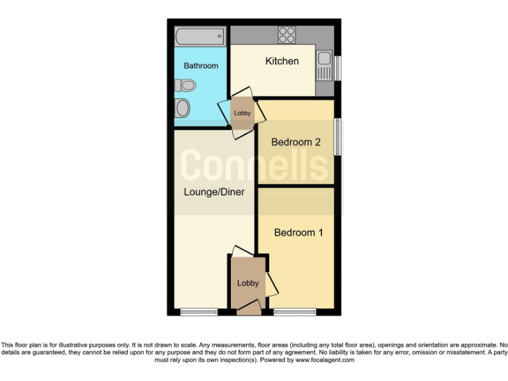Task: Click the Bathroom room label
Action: pyautogui.click(x=200, y=66)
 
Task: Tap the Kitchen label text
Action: pyautogui.click(x=282, y=62)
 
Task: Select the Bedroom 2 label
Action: pyautogui.click(x=296, y=142)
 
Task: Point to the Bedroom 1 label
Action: pyautogui.click(x=298, y=233)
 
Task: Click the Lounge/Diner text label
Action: pyautogui.click(x=214, y=192)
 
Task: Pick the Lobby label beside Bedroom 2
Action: pyautogui.click(x=243, y=113)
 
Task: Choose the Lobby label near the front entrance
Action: pyautogui.click(x=248, y=283)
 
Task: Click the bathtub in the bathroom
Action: pyautogui.click(x=200, y=36)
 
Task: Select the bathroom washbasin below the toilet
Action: pyautogui.click(x=182, y=108)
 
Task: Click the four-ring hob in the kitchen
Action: pyautogui.click(x=287, y=34)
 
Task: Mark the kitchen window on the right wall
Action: pyautogui.click(x=337, y=67)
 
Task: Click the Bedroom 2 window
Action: pyautogui.click(x=337, y=138)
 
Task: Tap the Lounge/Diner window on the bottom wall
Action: pyautogui.click(x=199, y=312)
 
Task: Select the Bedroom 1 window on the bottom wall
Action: pyautogui.click(x=294, y=312)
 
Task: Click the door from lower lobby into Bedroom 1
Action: pyautogui.click(x=272, y=284)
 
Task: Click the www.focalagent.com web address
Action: pyautogui.click(x=325, y=360)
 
